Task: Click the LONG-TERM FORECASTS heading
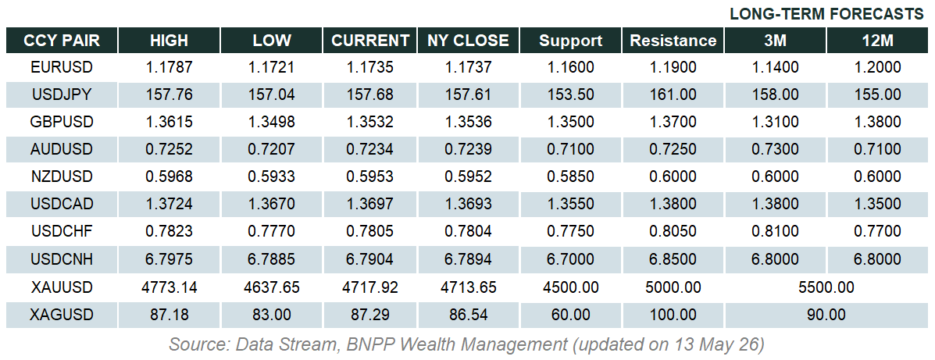(x=826, y=14)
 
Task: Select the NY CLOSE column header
(x=468, y=41)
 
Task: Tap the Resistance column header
(x=673, y=41)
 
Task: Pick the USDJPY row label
(x=62, y=94)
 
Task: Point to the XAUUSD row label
(x=62, y=287)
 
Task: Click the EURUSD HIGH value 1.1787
(x=170, y=67)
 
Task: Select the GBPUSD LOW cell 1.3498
(x=272, y=122)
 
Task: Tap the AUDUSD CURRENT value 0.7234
(x=369, y=150)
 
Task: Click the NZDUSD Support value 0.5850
(x=571, y=177)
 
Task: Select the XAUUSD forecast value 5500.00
(x=826, y=287)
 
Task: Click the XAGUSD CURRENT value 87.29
(x=369, y=315)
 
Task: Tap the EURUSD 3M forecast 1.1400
(x=775, y=67)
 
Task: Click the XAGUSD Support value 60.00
(x=571, y=315)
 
